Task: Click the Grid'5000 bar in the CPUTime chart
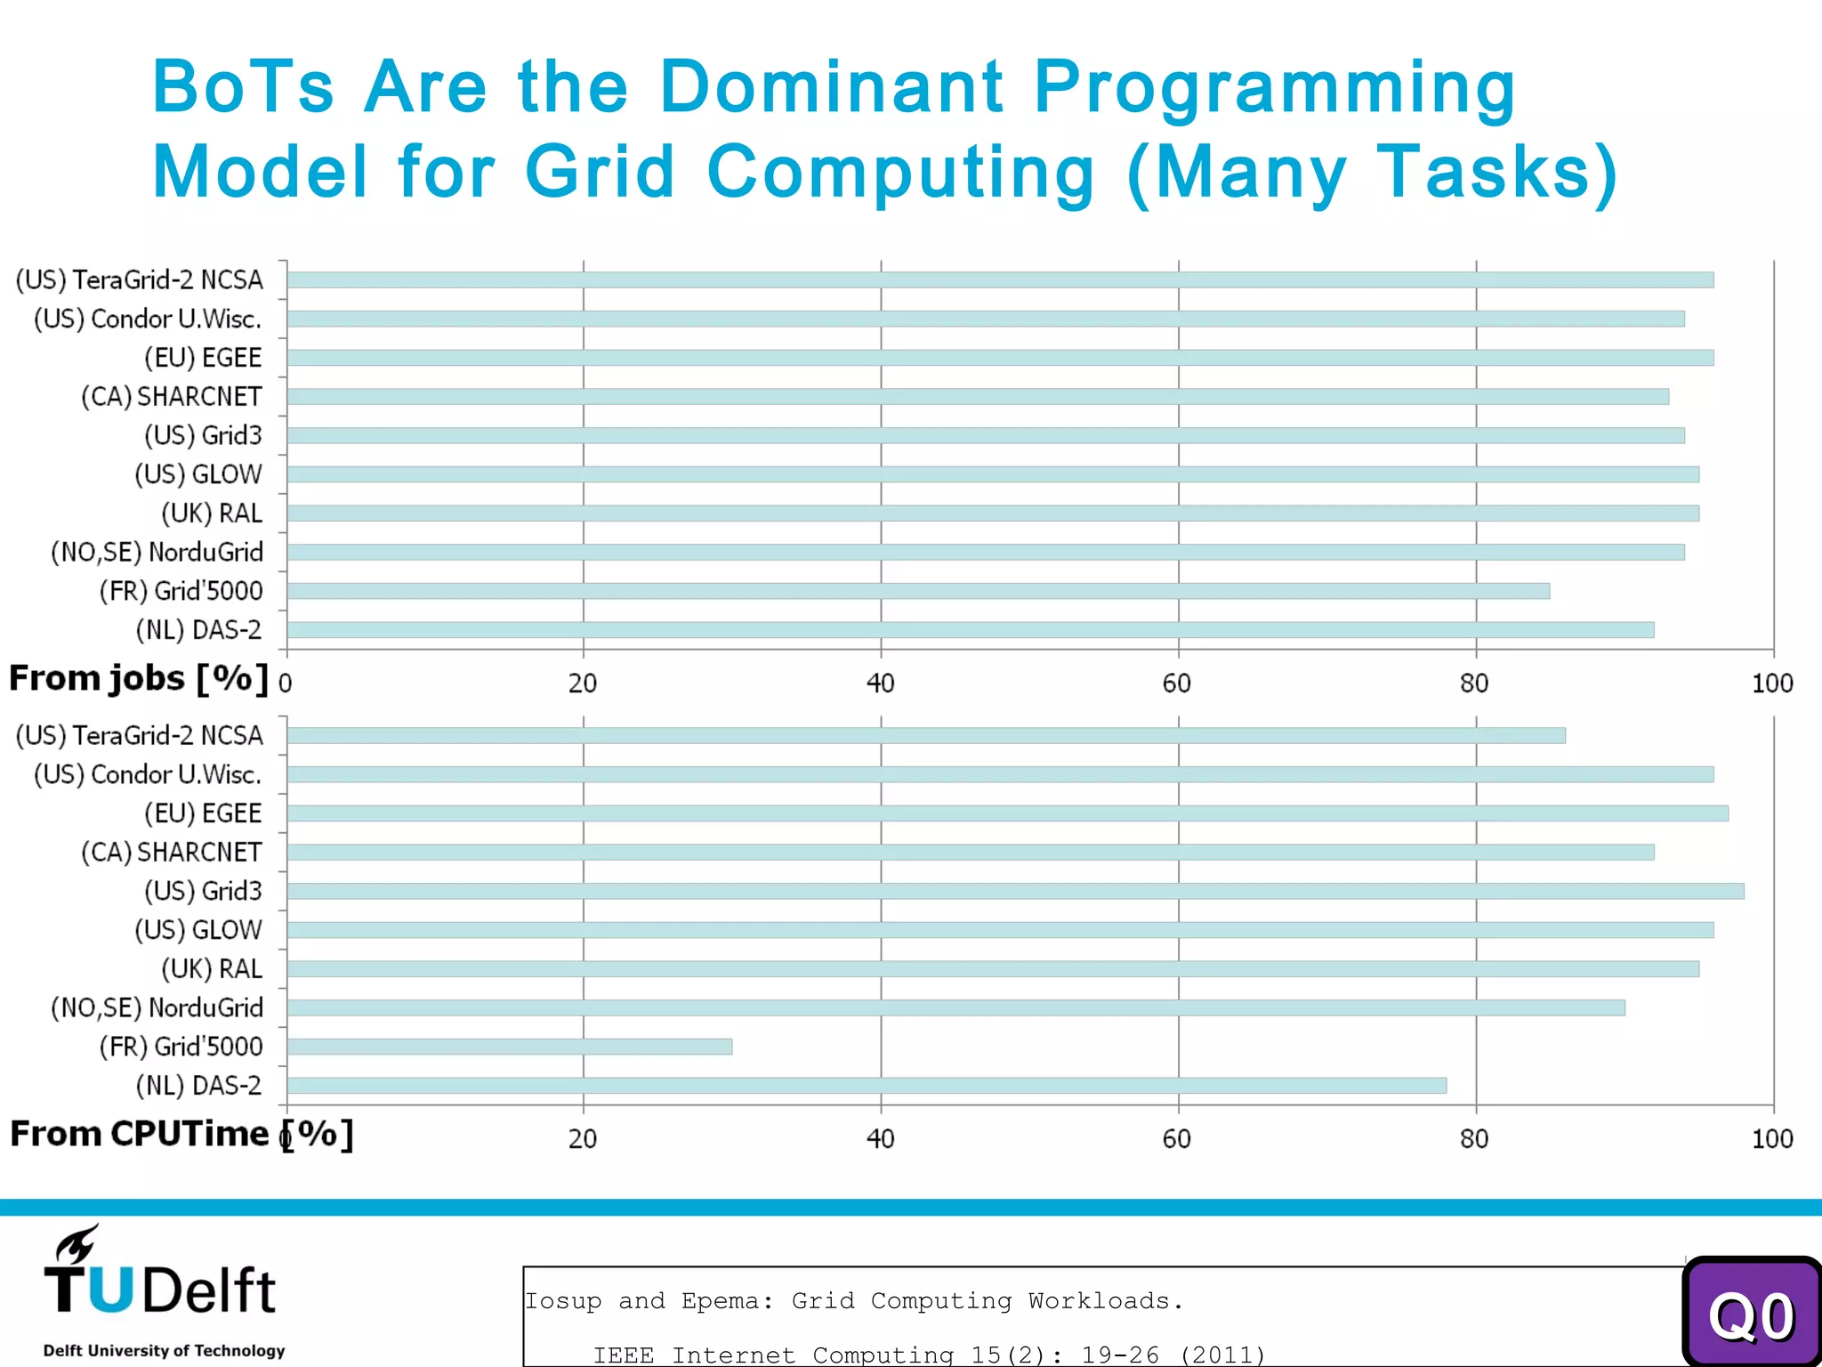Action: [509, 1047]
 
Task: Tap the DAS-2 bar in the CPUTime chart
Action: [866, 1086]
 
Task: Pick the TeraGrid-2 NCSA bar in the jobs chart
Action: [999, 279]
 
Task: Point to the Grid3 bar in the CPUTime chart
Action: [1014, 891]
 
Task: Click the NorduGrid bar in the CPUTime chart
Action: [955, 1007]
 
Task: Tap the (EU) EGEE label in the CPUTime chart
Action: [203, 813]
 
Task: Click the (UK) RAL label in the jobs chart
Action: [212, 514]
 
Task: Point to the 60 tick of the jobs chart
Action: [1176, 683]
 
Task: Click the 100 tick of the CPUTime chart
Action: [1771, 1139]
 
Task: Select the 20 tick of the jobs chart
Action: [583, 683]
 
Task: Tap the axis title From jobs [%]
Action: [138, 679]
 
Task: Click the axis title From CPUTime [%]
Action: [181, 1135]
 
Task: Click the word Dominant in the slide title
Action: [832, 87]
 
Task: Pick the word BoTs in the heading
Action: [243, 87]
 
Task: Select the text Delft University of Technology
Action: [164, 1350]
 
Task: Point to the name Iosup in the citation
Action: [562, 1301]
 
